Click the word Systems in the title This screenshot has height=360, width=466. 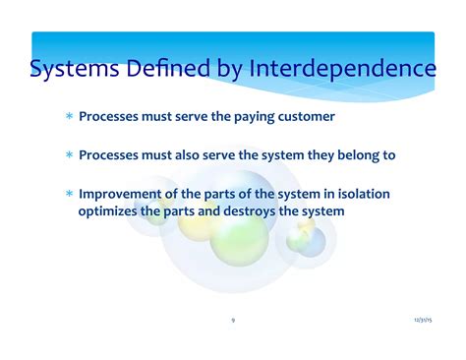tap(71, 70)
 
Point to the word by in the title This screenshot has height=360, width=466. tap(228, 71)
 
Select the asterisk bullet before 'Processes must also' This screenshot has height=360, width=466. tap(69, 156)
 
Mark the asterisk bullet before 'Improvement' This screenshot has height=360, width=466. tap(69, 195)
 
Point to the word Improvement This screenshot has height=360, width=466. tap(123, 194)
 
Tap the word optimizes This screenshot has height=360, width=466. tap(109, 210)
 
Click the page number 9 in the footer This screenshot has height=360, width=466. tap(233, 320)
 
